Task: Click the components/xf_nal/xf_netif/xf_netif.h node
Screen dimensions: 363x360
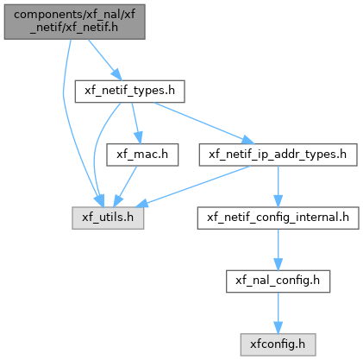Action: click(x=74, y=22)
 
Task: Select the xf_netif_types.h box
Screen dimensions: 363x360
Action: click(x=129, y=92)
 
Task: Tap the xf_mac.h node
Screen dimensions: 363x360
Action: click(x=142, y=155)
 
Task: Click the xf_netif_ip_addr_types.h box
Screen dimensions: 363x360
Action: click(x=278, y=155)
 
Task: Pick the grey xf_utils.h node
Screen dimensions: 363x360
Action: click(x=108, y=218)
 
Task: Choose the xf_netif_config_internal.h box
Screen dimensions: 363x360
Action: click(x=278, y=218)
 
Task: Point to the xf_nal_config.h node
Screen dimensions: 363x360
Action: click(x=278, y=281)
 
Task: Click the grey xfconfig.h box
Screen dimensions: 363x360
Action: click(x=278, y=344)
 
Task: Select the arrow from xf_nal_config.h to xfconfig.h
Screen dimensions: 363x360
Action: click(x=278, y=313)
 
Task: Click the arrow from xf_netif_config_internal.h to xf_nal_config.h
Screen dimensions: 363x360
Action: click(x=278, y=249)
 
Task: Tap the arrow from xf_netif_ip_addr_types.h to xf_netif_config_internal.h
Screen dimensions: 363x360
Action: click(x=278, y=186)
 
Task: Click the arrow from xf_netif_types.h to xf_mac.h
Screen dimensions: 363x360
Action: click(x=135, y=123)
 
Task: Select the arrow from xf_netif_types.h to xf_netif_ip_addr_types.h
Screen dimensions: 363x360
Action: click(x=204, y=123)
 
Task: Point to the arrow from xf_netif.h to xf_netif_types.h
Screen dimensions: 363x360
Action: click(x=104, y=60)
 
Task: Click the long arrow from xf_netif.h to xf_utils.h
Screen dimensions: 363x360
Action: click(x=64, y=121)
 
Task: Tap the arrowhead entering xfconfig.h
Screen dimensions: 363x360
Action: click(x=278, y=328)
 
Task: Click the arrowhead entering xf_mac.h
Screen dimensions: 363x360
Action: click(x=139, y=138)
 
